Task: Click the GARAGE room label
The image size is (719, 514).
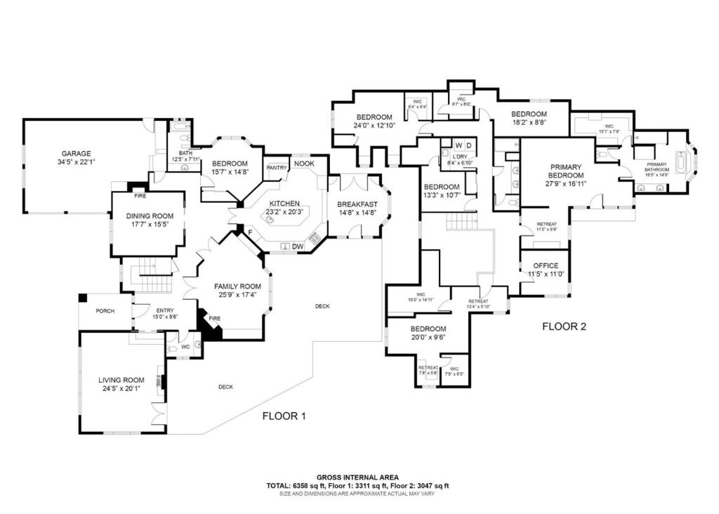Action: tap(76, 154)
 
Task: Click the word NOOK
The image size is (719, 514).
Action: tap(304, 164)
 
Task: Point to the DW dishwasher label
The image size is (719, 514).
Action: tap(297, 246)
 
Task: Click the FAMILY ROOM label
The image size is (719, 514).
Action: tap(237, 286)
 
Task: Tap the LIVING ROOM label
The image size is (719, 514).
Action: tap(121, 380)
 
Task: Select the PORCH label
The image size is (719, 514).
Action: tap(105, 311)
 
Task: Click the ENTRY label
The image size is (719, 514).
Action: tap(165, 311)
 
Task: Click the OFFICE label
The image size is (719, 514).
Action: tap(546, 265)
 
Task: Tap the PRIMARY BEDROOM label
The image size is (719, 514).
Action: tap(566, 171)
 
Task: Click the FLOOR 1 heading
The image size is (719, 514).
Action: tap(284, 416)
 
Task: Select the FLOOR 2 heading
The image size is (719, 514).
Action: tap(564, 327)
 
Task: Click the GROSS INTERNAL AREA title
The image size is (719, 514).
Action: tap(359, 476)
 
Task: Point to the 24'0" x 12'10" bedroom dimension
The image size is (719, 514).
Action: tap(374, 126)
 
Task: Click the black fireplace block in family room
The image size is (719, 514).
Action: tap(210, 329)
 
